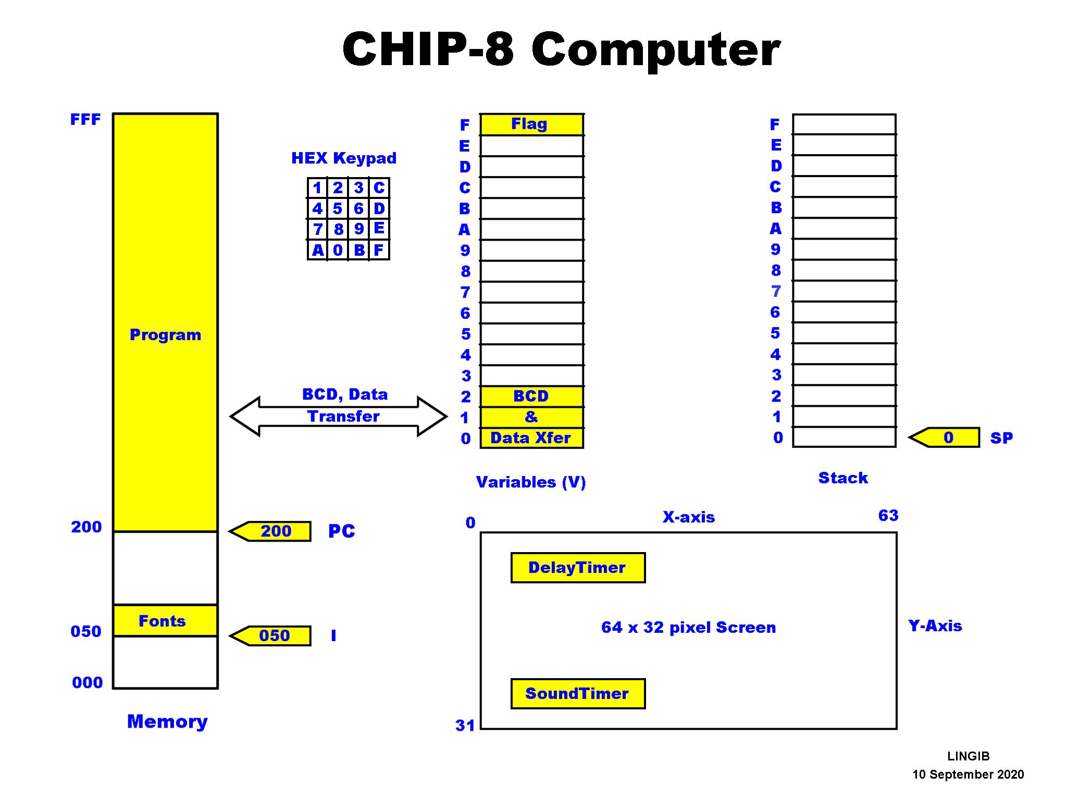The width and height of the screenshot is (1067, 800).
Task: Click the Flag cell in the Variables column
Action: pyautogui.click(x=531, y=124)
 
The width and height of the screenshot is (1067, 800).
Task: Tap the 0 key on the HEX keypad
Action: pyautogui.click(x=338, y=250)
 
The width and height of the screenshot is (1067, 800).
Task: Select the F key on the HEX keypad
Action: pyautogui.click(x=379, y=250)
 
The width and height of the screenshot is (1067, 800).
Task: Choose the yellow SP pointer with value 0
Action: pyautogui.click(x=948, y=438)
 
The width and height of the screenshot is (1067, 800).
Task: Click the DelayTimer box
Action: pyautogui.click(x=577, y=568)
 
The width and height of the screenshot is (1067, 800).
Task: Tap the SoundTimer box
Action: pyautogui.click(x=577, y=694)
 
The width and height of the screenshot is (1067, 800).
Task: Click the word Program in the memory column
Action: pyautogui.click(x=165, y=335)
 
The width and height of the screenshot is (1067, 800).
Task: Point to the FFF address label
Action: pyautogui.click(x=85, y=120)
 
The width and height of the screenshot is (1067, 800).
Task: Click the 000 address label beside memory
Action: pyautogui.click(x=87, y=683)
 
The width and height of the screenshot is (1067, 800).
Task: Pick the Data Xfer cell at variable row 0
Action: pyautogui.click(x=531, y=438)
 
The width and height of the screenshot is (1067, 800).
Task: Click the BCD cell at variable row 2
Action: pyautogui.click(x=531, y=396)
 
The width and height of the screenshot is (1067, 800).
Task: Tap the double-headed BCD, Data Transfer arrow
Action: pyautogui.click(x=339, y=417)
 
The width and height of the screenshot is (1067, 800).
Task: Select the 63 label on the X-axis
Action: pyautogui.click(x=888, y=516)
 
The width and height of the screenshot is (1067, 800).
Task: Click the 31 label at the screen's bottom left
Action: pyautogui.click(x=465, y=725)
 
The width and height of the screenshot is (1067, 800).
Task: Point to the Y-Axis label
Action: pyautogui.click(x=935, y=626)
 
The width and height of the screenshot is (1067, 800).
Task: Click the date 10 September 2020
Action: pyautogui.click(x=968, y=774)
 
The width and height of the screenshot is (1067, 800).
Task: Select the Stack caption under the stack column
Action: pyautogui.click(x=843, y=478)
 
